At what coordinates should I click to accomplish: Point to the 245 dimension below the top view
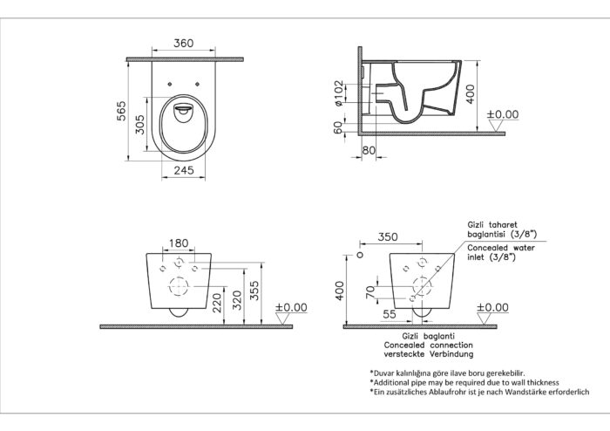pyautogui.click(x=182, y=171)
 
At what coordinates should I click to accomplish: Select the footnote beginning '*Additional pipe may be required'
pyautogui.click(x=464, y=382)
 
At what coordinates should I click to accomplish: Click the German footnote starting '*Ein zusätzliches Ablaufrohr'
pyautogui.click(x=478, y=393)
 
